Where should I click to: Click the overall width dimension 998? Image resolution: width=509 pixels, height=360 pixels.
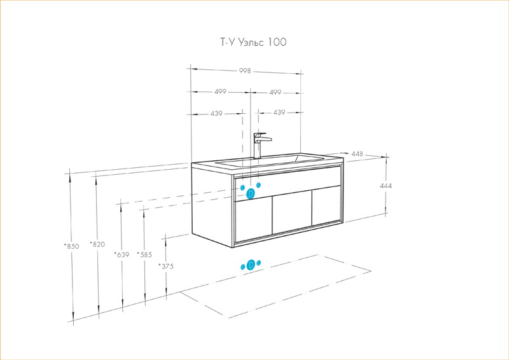pyautogui.click(x=245, y=71)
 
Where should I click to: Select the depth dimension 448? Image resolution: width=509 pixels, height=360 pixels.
pyautogui.click(x=357, y=154)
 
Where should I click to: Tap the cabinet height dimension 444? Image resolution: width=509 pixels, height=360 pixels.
pyautogui.click(x=386, y=186)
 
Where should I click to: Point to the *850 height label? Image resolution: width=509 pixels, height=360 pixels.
pyautogui.click(x=71, y=246)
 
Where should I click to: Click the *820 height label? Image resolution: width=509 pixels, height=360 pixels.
pyautogui.click(x=97, y=244)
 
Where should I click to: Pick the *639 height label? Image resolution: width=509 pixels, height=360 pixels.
pyautogui.click(x=121, y=255)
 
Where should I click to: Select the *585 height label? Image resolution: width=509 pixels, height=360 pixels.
pyautogui.click(x=144, y=255)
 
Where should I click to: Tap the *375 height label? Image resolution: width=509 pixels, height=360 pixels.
pyautogui.click(x=166, y=267)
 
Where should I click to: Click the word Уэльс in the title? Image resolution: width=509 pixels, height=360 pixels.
pyautogui.click(x=251, y=43)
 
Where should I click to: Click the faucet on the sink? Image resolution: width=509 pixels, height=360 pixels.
pyautogui.click(x=260, y=146)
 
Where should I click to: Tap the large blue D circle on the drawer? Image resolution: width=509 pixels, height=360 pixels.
pyautogui.click(x=251, y=193)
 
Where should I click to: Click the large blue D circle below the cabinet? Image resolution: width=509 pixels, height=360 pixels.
pyautogui.click(x=251, y=265)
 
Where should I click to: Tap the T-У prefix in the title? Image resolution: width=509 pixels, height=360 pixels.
pyautogui.click(x=227, y=43)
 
